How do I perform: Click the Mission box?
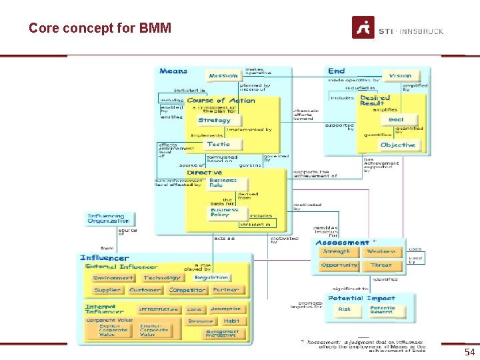tap(223, 76)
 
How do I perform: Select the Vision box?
tap(400, 76)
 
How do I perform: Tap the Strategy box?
tap(215, 121)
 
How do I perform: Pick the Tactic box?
tap(219, 145)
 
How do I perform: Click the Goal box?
tap(396, 120)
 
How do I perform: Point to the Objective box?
tap(397, 145)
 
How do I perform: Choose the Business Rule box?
tap(224, 183)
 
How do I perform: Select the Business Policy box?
tap(225, 212)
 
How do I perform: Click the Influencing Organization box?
tap(109, 219)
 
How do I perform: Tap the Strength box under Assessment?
tap(337, 252)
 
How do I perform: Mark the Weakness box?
tap(381, 252)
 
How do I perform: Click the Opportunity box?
tap(339, 265)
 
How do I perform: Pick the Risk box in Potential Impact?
tap(345, 309)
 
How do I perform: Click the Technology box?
tap(162, 277)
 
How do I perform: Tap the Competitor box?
tap(187, 290)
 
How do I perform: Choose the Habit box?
tap(231, 321)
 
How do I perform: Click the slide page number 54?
tap(469, 351)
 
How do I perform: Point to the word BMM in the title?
tap(155, 28)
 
